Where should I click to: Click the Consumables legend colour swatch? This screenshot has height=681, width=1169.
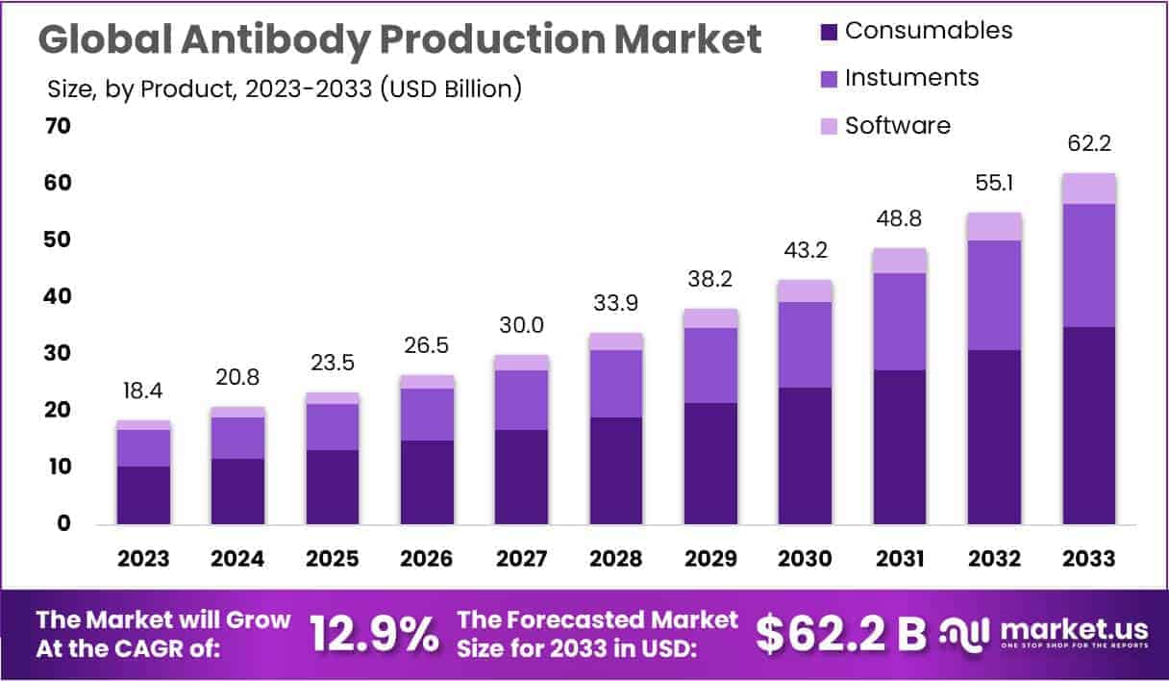coord(828,31)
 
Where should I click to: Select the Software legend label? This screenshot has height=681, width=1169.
coord(897,125)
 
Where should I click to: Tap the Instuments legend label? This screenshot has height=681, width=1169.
coord(911,78)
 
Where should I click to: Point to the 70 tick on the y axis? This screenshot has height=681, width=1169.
coord(57,126)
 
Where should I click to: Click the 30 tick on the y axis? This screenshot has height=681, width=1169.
coord(57,353)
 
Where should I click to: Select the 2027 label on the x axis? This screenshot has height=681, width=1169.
coord(521,559)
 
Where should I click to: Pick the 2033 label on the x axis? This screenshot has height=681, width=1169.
coord(1088,559)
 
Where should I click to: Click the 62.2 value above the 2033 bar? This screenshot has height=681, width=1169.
coord(1089,145)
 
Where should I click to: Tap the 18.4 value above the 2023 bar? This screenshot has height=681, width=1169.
coord(144,392)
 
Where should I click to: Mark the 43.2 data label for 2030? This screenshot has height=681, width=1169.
coord(806,252)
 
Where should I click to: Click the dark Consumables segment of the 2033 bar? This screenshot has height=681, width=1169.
coord(1089,425)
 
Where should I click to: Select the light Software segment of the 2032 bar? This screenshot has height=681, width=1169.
coord(995,226)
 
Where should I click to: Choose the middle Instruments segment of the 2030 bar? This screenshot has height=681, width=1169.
coord(806,344)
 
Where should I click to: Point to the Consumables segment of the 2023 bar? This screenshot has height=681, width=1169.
coord(144,494)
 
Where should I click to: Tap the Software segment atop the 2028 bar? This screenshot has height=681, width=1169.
coord(616,341)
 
